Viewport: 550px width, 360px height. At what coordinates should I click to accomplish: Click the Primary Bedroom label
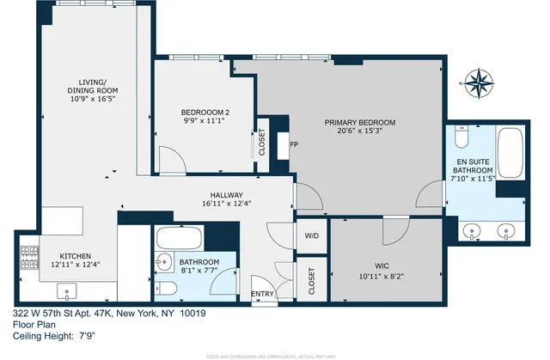(x=360, y=123)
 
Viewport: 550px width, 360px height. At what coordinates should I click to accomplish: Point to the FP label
(x=294, y=144)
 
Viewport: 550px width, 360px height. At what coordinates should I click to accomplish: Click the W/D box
(x=311, y=235)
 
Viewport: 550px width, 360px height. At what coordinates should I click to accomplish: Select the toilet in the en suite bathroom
(x=461, y=137)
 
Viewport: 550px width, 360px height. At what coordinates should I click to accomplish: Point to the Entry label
(x=262, y=295)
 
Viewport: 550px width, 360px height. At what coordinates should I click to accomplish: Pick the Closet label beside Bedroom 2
(x=260, y=143)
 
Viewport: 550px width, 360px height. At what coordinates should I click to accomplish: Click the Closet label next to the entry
(x=311, y=278)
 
